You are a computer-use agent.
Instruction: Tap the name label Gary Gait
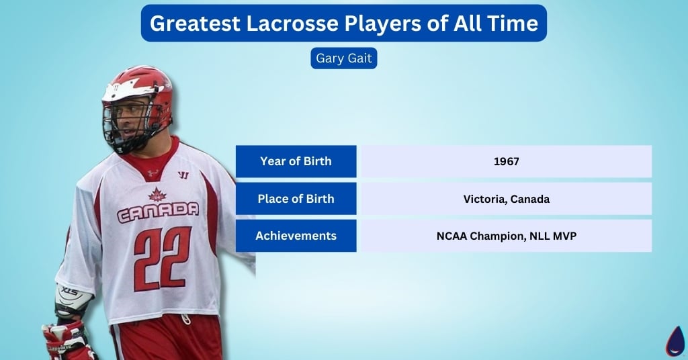coord(344,58)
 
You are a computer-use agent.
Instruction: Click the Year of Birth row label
coord(296,161)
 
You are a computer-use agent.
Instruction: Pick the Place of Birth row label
coord(296,199)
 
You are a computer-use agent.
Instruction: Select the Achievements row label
coord(296,236)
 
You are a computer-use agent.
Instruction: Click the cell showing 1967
coord(507,161)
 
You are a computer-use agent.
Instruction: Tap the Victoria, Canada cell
coord(507,199)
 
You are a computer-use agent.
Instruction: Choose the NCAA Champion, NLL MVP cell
coord(507,236)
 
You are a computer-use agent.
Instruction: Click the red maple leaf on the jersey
coord(157,195)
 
